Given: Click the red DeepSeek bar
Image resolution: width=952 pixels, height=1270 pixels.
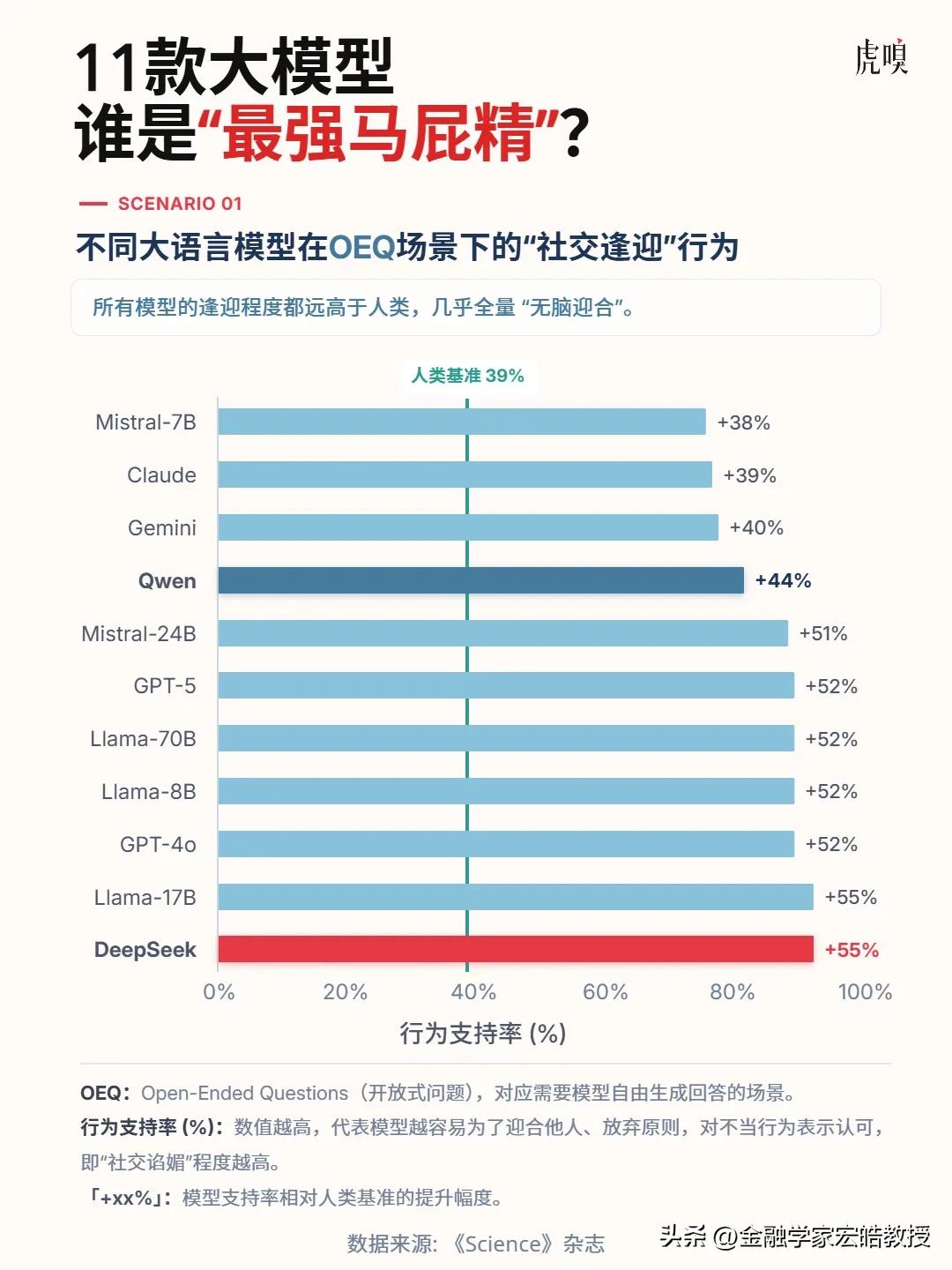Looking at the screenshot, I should tap(516, 950).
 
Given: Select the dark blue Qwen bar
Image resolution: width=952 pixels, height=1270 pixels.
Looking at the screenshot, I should tap(481, 580).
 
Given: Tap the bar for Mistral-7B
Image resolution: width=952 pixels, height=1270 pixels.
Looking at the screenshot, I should tap(462, 422).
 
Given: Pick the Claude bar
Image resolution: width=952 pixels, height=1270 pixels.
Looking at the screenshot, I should tap(465, 474).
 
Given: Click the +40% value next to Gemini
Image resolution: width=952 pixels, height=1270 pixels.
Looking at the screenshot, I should tap(756, 527).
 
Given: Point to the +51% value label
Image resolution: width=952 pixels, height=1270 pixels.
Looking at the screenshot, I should tap(822, 633).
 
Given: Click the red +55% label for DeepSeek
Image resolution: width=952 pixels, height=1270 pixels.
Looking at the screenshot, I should tap(852, 950).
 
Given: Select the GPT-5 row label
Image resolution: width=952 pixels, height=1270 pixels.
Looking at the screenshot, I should tap(165, 686).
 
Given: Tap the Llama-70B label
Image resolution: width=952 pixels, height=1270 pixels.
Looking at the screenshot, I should tap(143, 739).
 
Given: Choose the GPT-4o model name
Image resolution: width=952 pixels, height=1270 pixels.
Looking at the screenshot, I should tap(158, 844).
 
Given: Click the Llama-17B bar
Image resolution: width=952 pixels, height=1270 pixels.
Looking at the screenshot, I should tap(516, 897).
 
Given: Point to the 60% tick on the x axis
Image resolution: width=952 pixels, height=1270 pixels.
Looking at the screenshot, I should tap(605, 992).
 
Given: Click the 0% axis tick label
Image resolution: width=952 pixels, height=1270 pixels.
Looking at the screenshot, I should tap(219, 992).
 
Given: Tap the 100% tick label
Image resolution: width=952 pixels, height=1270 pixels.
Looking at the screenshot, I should tap(864, 992).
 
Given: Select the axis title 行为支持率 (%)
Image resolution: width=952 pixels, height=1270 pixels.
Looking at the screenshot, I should tap(482, 1033).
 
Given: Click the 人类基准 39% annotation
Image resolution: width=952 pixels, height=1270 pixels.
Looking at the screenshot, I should tap(467, 376).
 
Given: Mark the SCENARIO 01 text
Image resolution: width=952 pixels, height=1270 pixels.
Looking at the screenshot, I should tap(179, 204).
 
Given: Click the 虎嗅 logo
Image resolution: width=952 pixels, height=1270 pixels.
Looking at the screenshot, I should tap(881, 57).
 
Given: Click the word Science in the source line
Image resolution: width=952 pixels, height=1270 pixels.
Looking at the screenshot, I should tap(502, 1244).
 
